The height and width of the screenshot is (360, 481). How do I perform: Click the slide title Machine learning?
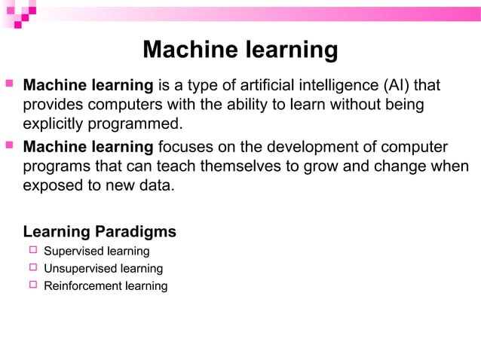coord(240,50)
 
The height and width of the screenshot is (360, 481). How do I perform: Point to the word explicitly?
coord(54,123)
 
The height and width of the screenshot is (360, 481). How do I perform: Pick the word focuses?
coord(185,146)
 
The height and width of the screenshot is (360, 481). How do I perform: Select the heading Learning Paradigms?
coord(100,231)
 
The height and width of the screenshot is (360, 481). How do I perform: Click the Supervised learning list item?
coord(97,251)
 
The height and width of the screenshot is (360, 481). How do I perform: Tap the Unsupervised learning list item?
coord(103,268)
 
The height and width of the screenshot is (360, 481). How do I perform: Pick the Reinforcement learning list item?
coord(106,285)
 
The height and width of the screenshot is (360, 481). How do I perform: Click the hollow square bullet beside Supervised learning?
coord(32,250)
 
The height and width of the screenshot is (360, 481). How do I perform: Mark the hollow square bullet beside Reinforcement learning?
coord(32,285)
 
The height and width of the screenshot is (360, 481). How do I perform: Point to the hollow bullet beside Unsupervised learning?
coord(32,267)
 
